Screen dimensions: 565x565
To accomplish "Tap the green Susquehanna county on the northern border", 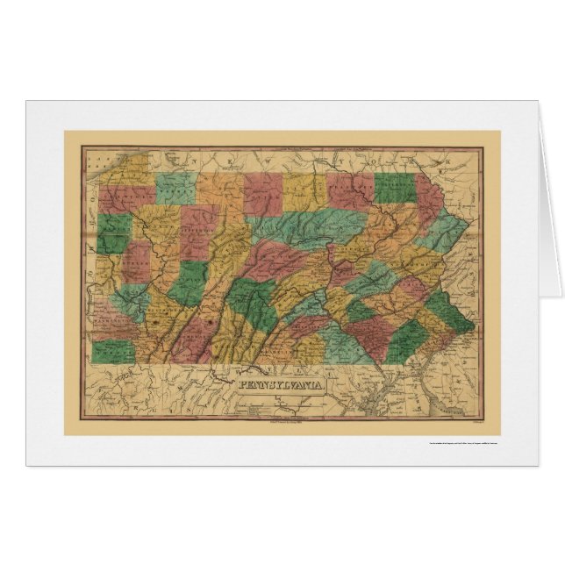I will point(394,186).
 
